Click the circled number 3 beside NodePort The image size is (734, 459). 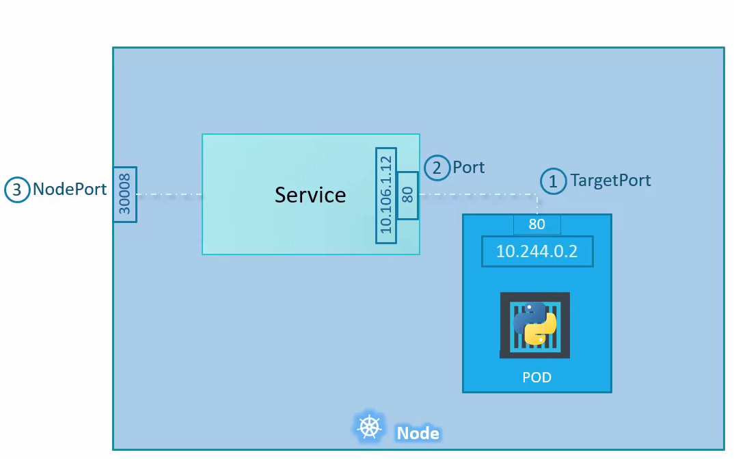point(17,189)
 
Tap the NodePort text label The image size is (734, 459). point(70,189)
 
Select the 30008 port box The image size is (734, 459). point(125,194)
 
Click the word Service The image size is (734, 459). point(310,195)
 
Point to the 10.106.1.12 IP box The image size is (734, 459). point(386,195)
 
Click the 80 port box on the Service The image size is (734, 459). point(407,195)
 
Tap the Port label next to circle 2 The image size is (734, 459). point(468,168)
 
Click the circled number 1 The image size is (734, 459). point(553,181)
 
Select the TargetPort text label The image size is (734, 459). point(610,181)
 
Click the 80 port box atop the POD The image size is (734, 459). point(537,224)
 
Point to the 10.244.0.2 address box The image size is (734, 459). point(537,252)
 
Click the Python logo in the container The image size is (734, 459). point(536,324)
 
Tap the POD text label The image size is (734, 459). point(536,378)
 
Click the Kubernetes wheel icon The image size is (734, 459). point(370,427)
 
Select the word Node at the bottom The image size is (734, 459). point(418,433)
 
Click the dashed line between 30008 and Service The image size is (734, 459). point(169,195)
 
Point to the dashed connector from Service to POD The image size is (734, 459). point(478,195)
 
